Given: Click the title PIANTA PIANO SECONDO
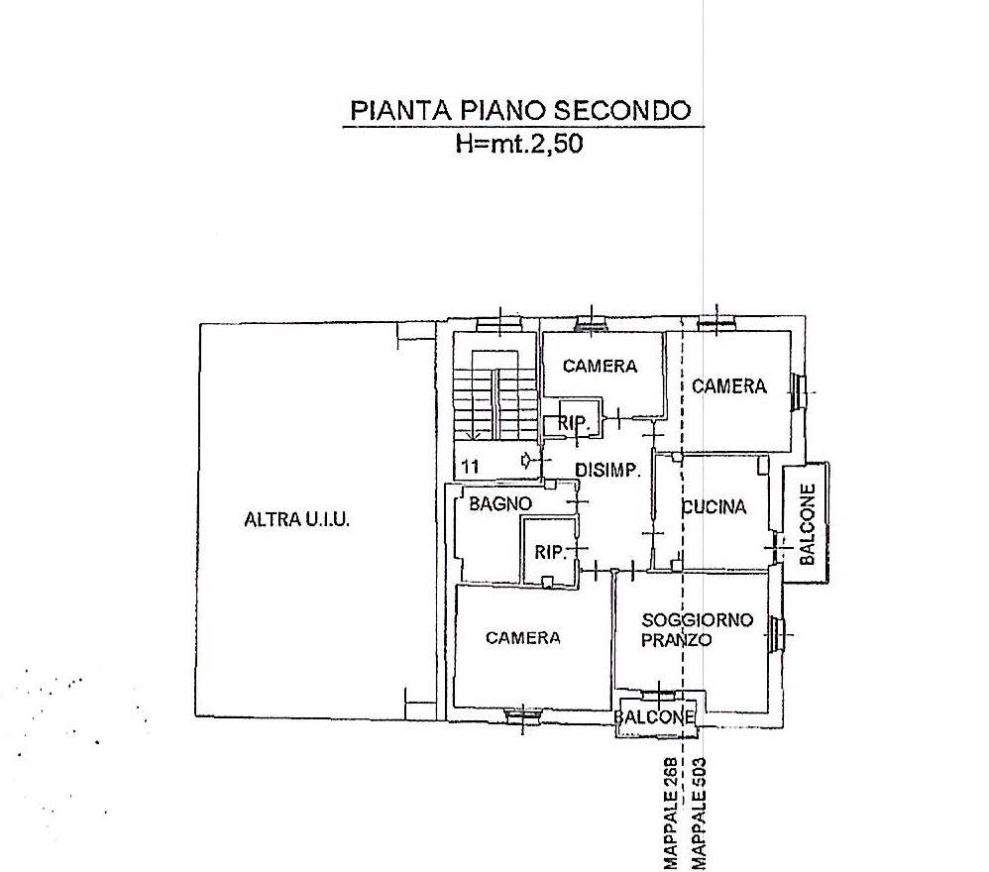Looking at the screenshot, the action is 520,110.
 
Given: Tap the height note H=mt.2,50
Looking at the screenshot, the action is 519,144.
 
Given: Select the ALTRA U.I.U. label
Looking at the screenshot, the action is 296,519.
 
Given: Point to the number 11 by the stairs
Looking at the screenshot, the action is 471,467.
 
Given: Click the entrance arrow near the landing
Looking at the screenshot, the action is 526,461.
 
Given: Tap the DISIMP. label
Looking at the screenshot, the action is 608,470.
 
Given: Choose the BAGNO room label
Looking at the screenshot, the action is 500,503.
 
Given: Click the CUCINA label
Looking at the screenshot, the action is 714,507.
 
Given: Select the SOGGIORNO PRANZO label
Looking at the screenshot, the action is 697,630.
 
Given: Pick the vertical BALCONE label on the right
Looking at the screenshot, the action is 808,524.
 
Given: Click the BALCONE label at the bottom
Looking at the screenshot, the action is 655,717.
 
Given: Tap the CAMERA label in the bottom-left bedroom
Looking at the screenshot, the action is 523,638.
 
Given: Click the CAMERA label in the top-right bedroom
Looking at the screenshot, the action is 729,385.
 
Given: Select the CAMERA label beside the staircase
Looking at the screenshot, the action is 600,366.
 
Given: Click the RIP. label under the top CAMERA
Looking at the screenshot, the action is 573,423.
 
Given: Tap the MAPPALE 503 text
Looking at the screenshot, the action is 699,814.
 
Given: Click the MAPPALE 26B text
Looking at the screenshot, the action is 671,814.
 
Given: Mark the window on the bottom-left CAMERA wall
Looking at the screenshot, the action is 523,714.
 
